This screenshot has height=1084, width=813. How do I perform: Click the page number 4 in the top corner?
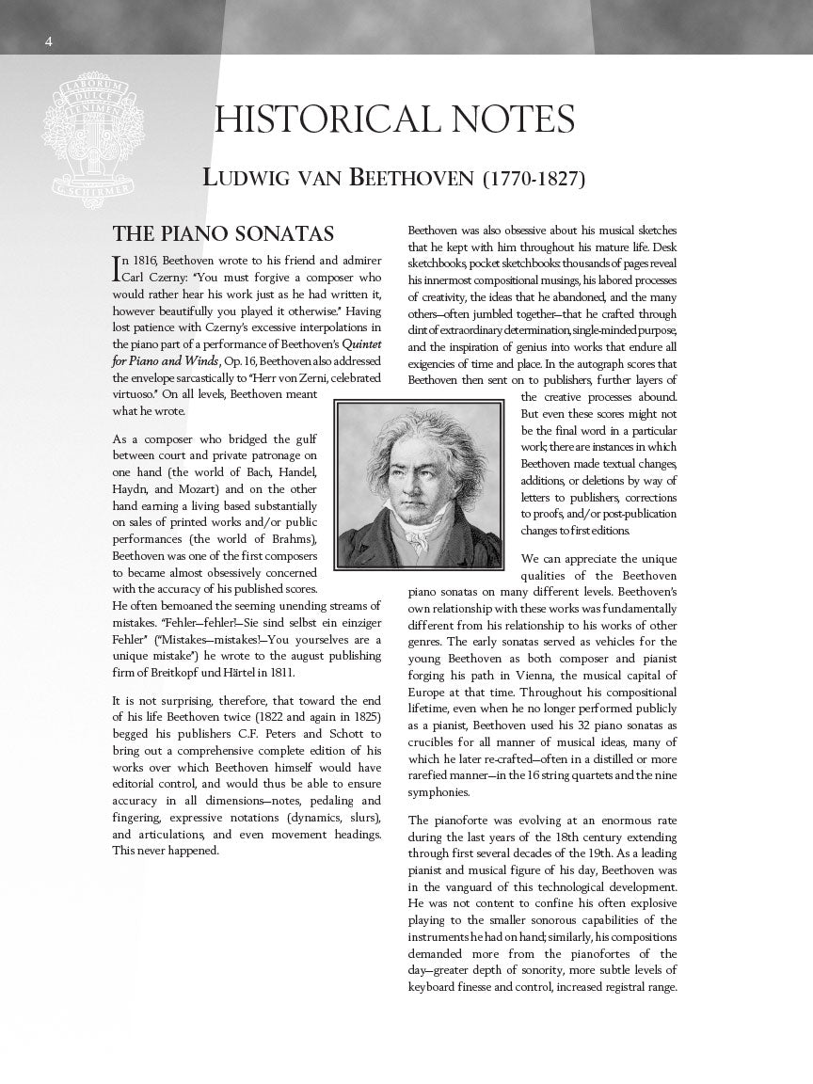48,40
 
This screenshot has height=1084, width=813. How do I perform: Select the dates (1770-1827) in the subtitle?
534,178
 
